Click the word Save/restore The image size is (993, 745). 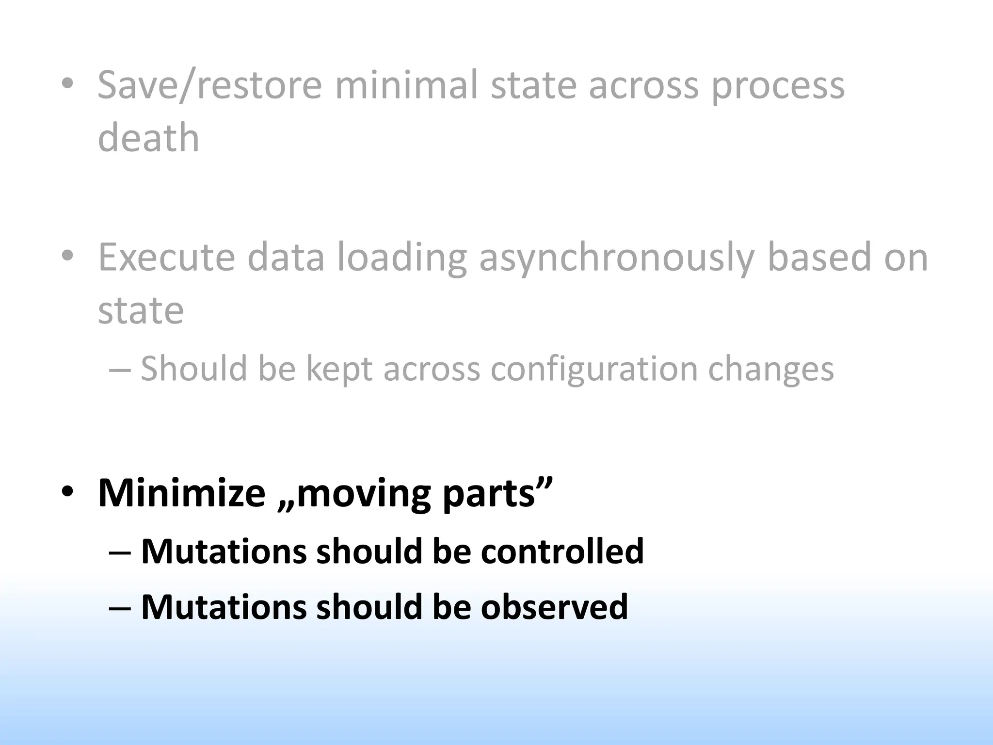coord(209,86)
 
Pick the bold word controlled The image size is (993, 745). coord(562,551)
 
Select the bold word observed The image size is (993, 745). coord(554,607)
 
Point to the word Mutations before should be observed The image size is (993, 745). coord(224,607)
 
